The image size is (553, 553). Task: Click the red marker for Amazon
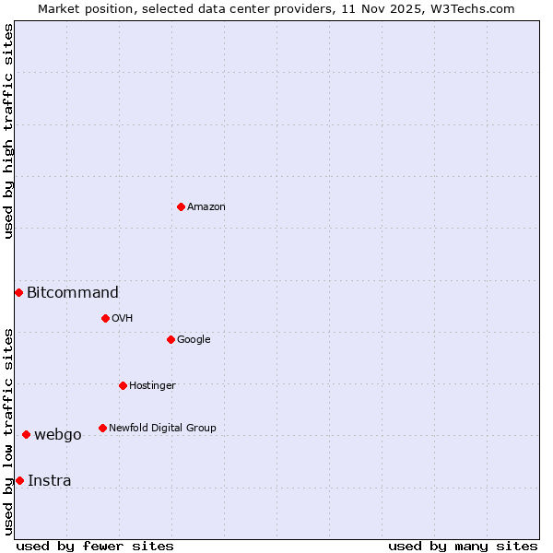[x=181, y=206]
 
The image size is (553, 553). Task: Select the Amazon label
[x=206, y=206]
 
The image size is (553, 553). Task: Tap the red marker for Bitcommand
[x=18, y=292]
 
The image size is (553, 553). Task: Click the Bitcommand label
[x=73, y=293]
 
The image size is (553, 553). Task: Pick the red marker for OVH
[x=105, y=318]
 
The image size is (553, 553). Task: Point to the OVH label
[x=123, y=318]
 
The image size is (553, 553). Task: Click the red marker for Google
[x=171, y=339]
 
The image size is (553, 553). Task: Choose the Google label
[x=194, y=339]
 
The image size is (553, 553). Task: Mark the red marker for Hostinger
[x=123, y=385]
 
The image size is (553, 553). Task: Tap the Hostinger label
[x=152, y=385]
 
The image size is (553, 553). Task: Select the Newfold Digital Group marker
[x=102, y=428]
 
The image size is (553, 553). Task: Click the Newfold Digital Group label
[x=162, y=428]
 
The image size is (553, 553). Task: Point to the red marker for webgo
[x=26, y=434]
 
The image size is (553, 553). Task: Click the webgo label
[x=58, y=435]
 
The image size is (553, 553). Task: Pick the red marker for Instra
[x=19, y=480]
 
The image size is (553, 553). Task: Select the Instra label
[x=50, y=480]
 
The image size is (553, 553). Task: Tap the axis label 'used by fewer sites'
[x=95, y=546]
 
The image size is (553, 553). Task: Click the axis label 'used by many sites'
[x=463, y=546]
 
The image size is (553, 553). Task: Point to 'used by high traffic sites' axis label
[x=8, y=131]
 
